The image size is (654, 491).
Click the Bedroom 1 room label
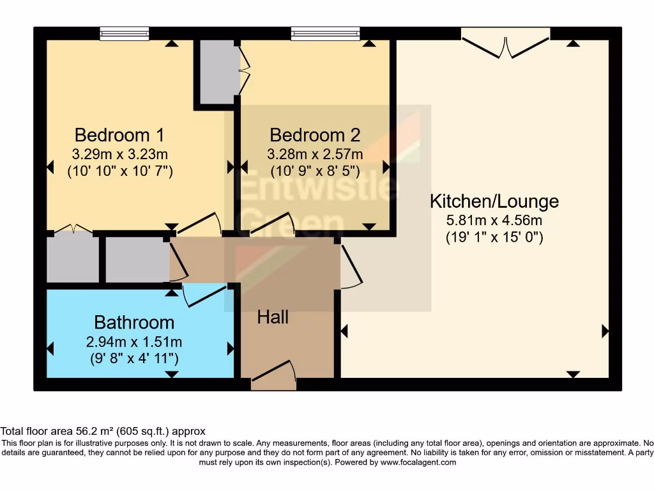pos(119,136)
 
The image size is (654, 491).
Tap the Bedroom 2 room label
pos(315,136)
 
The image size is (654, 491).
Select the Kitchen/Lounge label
pos(494,202)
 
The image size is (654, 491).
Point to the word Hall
pos(273,317)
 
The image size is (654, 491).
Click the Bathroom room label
pos(134,322)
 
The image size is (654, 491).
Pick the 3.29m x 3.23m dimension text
pos(120,154)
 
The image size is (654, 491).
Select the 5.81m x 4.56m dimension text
pos(494,221)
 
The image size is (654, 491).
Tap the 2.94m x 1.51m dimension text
pos(134,341)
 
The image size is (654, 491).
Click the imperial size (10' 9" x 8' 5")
pos(315,171)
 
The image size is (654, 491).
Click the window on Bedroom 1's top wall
pos(125,33)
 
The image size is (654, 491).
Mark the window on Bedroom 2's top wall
pos(325,33)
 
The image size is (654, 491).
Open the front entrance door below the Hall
pos(274,377)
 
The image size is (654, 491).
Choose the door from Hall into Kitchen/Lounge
pos(349,265)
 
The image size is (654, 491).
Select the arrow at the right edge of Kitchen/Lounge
pos(604,331)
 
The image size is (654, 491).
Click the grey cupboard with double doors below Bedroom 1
pos(72,258)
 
